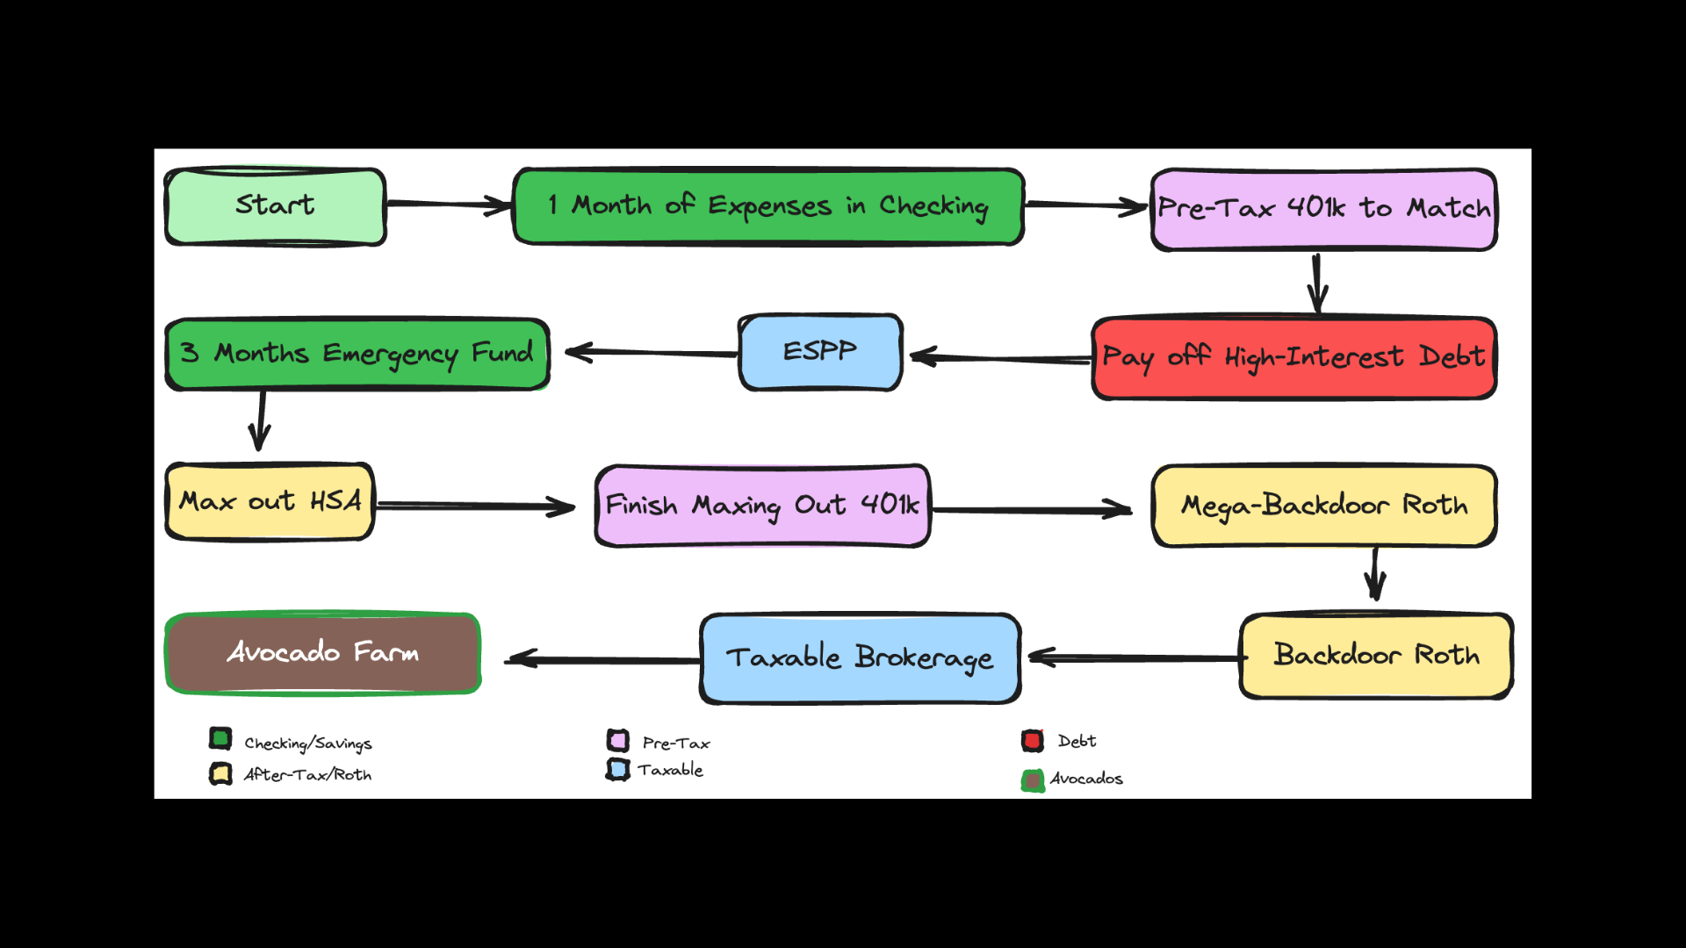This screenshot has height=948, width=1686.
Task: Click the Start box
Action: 275,206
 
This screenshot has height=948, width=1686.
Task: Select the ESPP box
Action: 820,352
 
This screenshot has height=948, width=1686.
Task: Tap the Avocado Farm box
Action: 322,653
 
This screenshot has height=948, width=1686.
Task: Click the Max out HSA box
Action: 270,501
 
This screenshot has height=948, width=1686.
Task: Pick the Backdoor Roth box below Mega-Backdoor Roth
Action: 1375,656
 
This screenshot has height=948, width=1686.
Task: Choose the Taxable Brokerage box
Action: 860,658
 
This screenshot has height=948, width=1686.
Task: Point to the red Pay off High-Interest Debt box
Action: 1293,358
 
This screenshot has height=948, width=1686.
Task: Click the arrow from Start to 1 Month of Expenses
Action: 449,205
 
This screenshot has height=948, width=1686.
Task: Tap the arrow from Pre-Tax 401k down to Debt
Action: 1317,284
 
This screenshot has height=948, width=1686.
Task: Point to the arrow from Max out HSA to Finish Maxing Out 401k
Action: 475,506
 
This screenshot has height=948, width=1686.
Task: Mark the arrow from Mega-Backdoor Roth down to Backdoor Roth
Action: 1375,574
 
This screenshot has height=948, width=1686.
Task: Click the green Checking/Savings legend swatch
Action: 220,738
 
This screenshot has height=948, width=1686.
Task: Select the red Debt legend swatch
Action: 1033,741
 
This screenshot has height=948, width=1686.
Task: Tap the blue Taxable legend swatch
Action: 618,770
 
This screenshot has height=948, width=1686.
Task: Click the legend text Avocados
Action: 1086,779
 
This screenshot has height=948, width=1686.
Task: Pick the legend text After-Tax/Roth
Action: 307,774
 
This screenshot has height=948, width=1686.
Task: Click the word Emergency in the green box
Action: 390,354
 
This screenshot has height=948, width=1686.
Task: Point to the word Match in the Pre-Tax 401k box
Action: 1448,208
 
